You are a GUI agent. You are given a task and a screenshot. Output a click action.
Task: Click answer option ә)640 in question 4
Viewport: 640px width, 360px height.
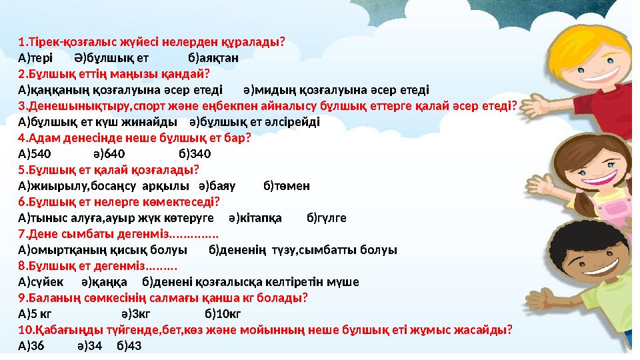point(109,153)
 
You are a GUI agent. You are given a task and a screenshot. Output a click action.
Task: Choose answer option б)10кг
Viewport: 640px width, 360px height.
point(222,313)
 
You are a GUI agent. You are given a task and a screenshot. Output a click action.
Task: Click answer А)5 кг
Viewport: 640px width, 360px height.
point(35,313)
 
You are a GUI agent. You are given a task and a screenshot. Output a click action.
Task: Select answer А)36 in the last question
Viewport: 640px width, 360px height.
point(32,345)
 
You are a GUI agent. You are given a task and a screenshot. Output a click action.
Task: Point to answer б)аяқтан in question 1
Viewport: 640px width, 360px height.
point(213,57)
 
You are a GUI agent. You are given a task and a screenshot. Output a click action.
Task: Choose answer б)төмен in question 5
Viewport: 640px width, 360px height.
point(287,185)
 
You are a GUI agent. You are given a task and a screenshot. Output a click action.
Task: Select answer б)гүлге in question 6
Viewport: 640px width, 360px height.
point(326,217)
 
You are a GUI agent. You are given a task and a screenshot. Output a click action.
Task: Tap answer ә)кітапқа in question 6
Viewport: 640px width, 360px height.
point(255,217)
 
